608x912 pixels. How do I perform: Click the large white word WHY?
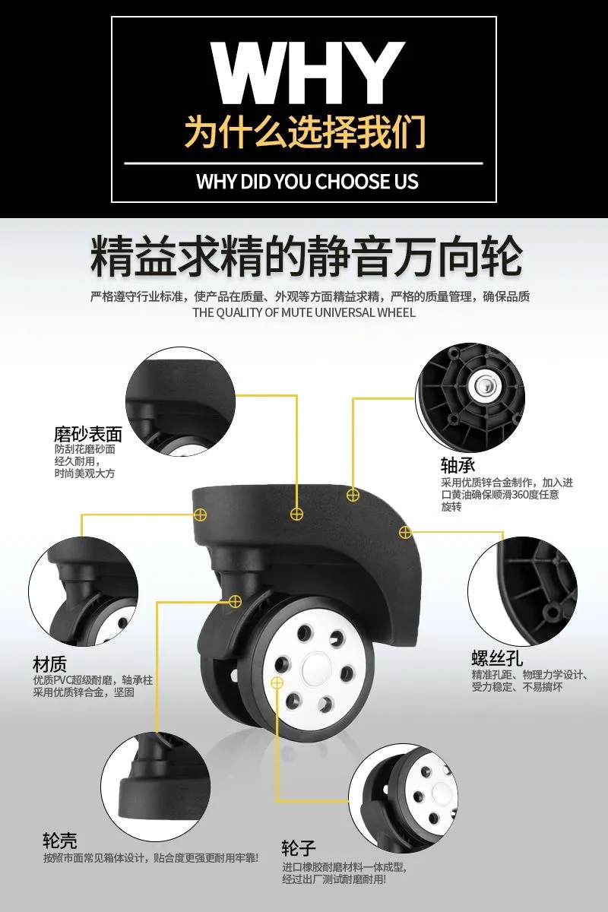[307, 72]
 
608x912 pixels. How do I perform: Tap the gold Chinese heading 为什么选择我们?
[306, 131]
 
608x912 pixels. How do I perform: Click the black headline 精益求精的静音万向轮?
[306, 257]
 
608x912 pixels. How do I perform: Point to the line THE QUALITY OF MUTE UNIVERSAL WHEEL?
[304, 312]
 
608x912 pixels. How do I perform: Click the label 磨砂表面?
[88, 434]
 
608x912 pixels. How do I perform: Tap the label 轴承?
[458, 464]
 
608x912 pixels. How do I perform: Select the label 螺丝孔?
[497, 657]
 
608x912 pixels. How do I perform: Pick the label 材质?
[49, 664]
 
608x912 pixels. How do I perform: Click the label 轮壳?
[60, 840]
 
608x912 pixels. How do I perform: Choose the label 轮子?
[299, 848]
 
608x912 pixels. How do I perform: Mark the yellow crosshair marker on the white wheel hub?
[277, 682]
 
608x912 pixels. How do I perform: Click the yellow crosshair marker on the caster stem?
[235, 601]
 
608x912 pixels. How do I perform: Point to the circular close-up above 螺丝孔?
[522, 591]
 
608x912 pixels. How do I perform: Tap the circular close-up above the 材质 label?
[83, 591]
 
